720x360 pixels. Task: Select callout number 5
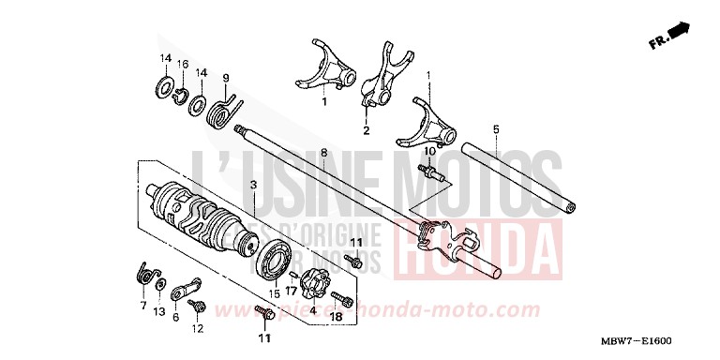click(x=496, y=128)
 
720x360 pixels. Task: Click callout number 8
click(x=322, y=151)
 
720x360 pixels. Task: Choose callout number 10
click(x=429, y=150)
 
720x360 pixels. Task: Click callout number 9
click(x=225, y=77)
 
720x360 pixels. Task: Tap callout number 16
click(x=184, y=65)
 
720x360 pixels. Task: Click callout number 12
click(x=198, y=328)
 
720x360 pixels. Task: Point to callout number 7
click(x=143, y=306)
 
